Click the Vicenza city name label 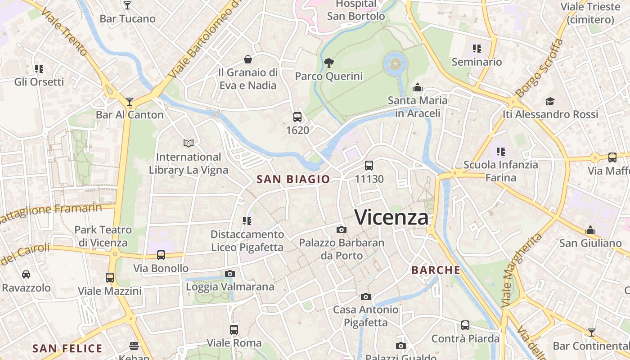391,217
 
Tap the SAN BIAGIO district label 293,179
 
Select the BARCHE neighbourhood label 436,270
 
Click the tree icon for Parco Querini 328,63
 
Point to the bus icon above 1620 297,117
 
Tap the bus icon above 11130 369,166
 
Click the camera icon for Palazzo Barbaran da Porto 342,230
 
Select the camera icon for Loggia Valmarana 230,274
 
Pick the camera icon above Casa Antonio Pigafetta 366,297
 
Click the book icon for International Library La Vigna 189,144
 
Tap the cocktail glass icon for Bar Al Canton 130,102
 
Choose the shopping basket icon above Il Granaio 248,59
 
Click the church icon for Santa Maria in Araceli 418,87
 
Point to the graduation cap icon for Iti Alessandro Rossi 550,101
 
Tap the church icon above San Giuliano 590,230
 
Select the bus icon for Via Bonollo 161,255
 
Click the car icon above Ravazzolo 26,274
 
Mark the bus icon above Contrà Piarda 465,325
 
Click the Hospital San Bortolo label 356,10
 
